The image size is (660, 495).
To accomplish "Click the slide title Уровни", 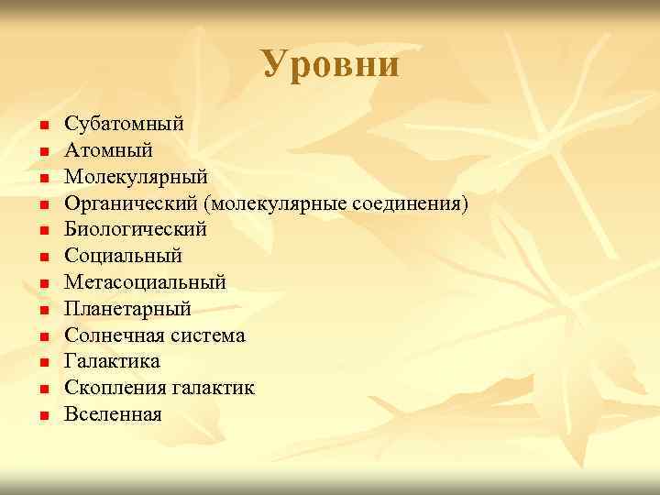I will (x=330, y=64).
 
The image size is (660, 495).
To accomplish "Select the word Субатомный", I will (x=124, y=122).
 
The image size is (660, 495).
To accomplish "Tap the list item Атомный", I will (x=108, y=148).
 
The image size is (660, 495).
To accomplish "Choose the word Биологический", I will (x=135, y=228).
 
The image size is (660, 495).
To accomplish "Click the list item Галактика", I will (x=112, y=362).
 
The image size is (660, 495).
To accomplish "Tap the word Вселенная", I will (x=113, y=415).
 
